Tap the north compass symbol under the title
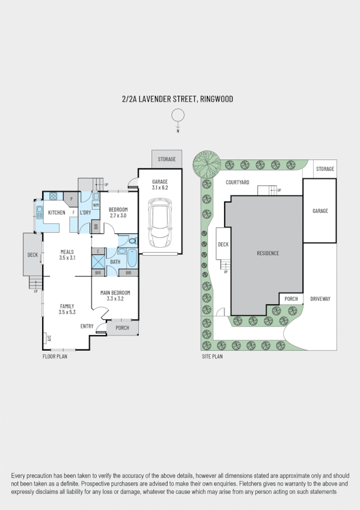(178, 115)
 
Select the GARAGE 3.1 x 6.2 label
(160, 185)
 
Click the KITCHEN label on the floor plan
(56, 212)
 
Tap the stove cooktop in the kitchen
(53, 195)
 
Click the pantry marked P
(72, 198)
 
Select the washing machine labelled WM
(96, 205)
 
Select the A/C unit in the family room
(49, 338)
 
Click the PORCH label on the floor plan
(122, 328)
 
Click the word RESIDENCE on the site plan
(267, 253)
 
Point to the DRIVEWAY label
(320, 299)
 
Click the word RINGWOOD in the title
(217, 99)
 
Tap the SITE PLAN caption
(212, 357)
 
